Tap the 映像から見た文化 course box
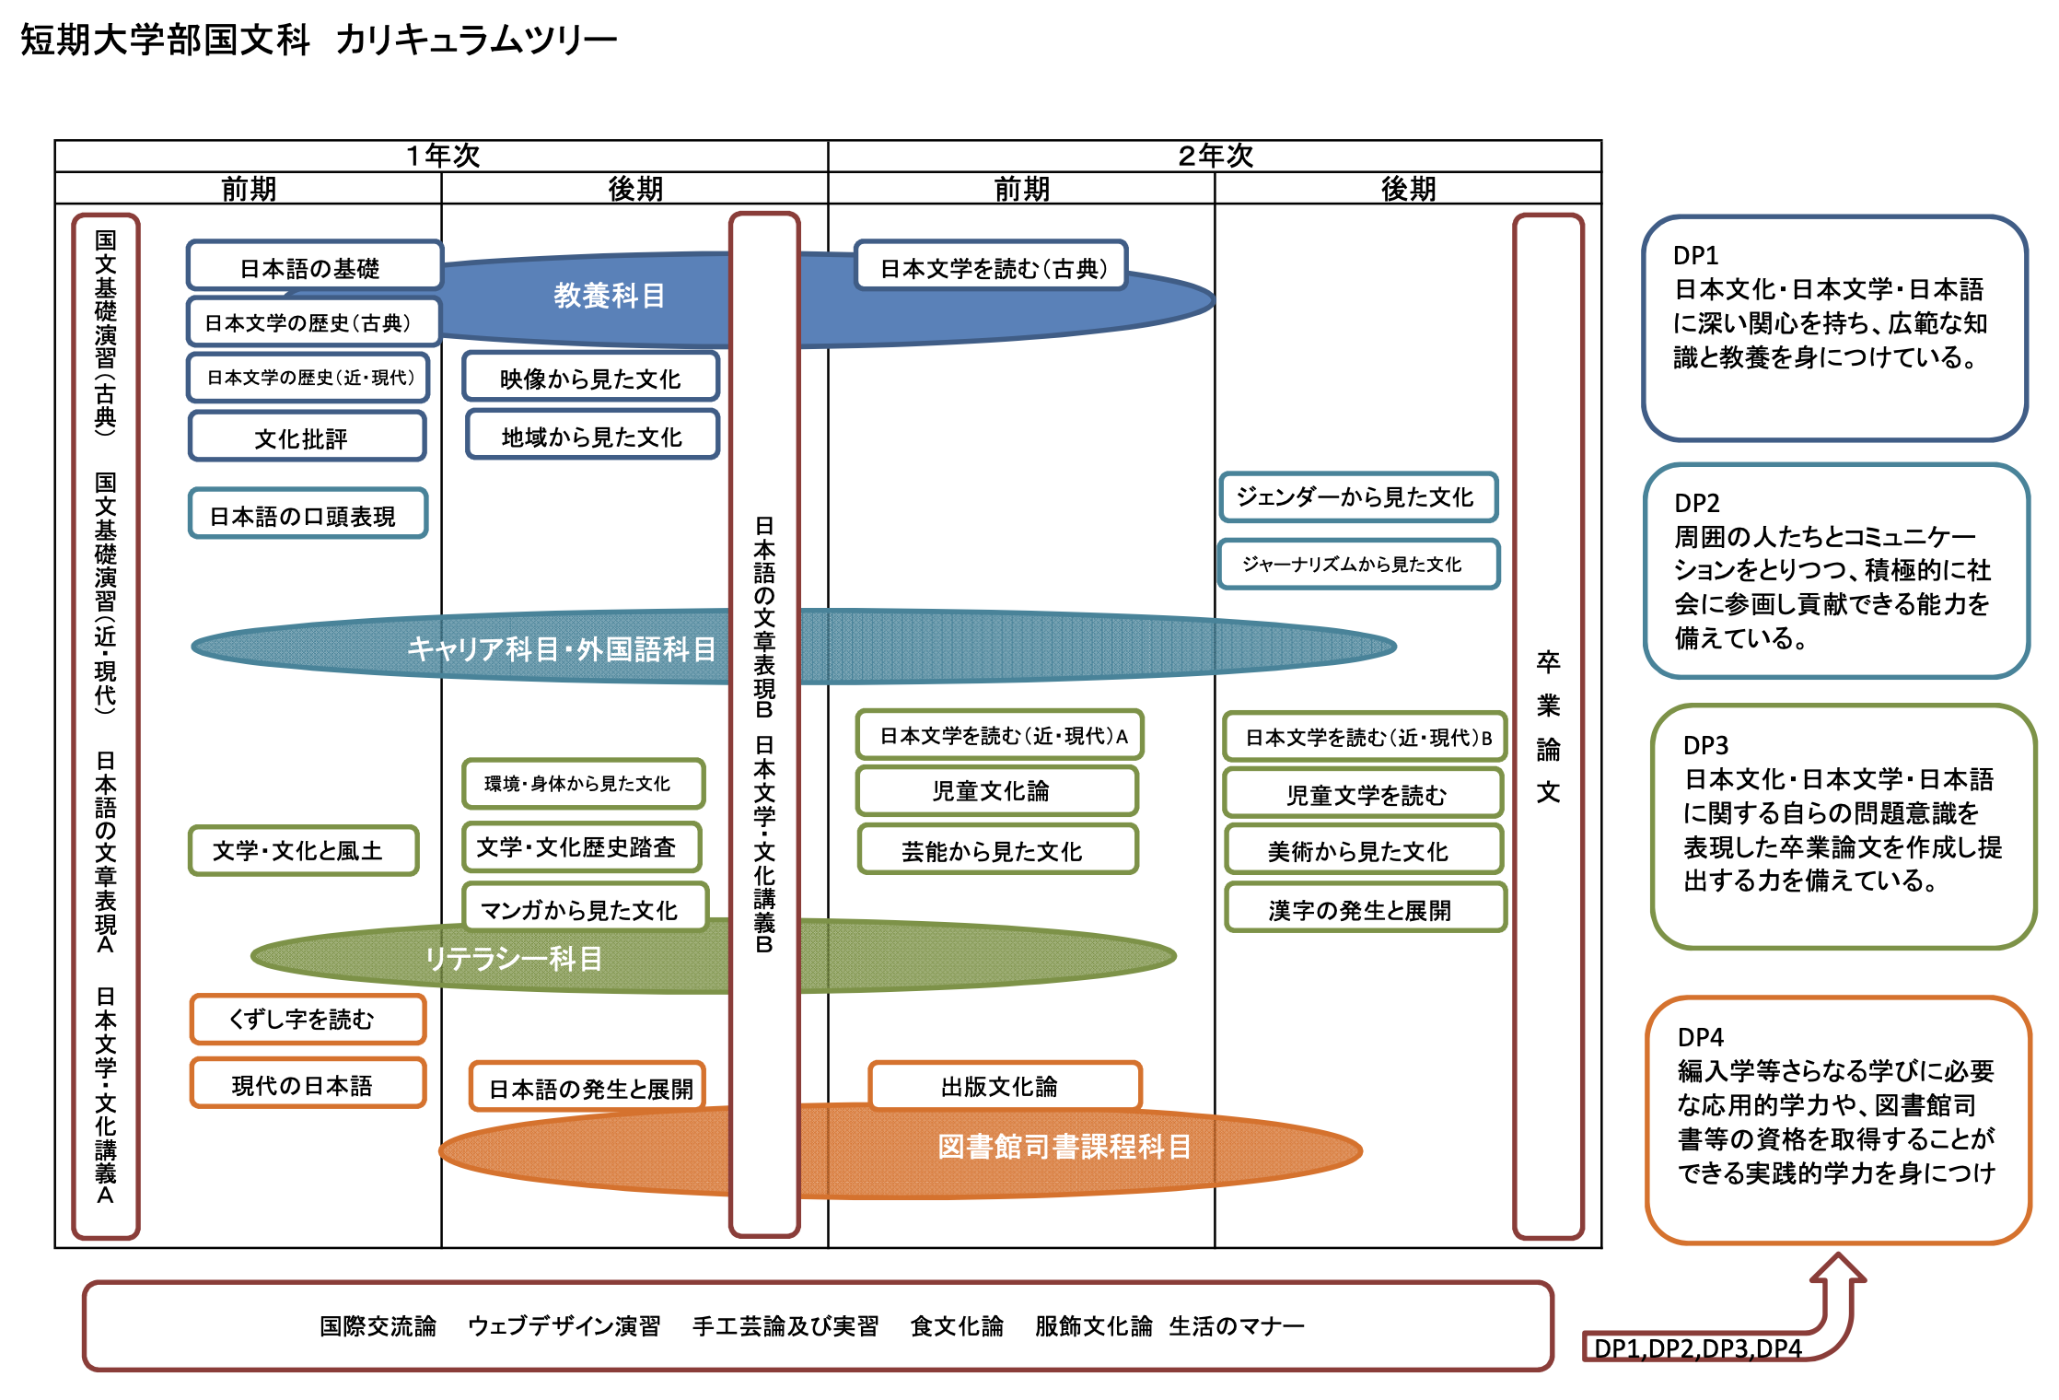[590, 378]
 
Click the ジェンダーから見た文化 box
[1357, 497]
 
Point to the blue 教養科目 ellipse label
[609, 296]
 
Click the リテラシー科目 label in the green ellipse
[514, 959]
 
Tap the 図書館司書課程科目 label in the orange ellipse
[1064, 1147]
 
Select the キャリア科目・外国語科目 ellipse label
[562, 649]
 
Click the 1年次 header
[443, 156]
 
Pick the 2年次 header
[1216, 156]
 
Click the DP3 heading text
[1705, 745]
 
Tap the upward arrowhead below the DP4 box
[1838, 1267]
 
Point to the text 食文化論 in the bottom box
[957, 1326]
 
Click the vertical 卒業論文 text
[1548, 728]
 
